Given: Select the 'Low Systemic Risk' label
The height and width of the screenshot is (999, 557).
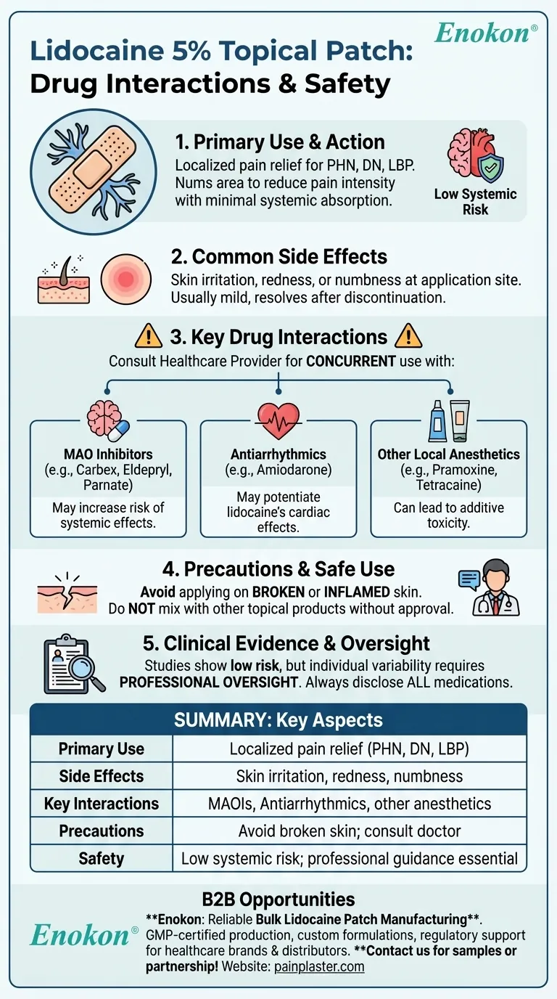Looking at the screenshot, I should pos(475,202).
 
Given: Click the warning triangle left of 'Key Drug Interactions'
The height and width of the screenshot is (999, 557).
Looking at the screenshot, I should pos(149,337).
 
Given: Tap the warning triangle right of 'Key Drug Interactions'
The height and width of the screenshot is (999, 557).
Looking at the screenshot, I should pos(408,337).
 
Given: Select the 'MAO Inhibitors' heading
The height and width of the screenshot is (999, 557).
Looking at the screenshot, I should pos(108,454).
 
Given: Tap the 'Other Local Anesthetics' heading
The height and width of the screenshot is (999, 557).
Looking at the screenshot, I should pos(448,454).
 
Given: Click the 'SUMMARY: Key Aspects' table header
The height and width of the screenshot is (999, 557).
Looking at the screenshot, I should pos(278,720).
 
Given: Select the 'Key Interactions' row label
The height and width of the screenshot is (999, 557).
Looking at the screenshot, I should pos(101,804).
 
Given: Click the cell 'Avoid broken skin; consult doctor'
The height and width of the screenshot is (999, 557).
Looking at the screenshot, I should pos(350,831).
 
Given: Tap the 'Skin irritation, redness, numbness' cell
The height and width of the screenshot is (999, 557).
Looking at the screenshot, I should pos(350,776).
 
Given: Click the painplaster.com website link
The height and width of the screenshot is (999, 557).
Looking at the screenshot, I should pos(319,966).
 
